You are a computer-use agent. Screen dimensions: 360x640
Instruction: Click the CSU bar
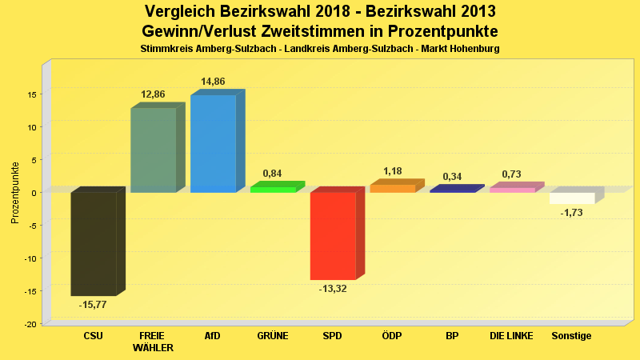coord(94,244)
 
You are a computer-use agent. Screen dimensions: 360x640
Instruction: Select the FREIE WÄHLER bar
coord(153,150)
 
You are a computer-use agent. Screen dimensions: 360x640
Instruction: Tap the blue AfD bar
coord(213,144)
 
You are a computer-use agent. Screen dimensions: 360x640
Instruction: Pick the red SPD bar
coord(333,236)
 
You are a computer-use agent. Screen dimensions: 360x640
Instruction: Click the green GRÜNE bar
coord(273,190)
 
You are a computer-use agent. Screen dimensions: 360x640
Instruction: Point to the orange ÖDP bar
coord(393,189)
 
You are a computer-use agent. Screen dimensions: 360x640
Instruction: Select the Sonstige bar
coord(572,198)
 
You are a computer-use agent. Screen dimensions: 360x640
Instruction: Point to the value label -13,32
coord(332,289)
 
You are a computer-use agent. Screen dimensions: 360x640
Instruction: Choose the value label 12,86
coord(153,94)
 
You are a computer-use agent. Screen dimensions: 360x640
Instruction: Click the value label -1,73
coord(572,213)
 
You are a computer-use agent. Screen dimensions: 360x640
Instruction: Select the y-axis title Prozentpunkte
coord(15,192)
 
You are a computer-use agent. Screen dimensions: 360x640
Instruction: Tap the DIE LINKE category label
coord(511,336)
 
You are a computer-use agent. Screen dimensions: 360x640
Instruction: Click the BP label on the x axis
coord(452,336)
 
